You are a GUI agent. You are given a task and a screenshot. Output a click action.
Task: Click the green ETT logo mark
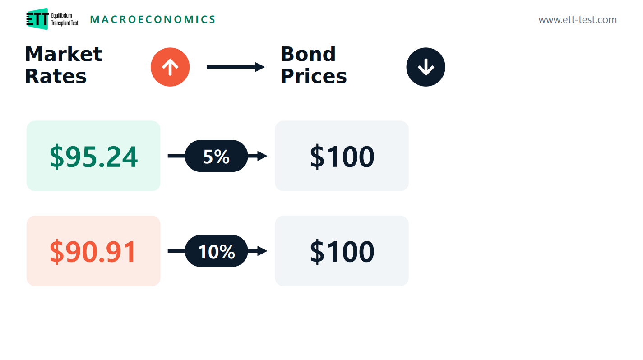pos(37,19)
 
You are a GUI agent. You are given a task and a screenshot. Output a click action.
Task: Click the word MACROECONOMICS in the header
pos(153,19)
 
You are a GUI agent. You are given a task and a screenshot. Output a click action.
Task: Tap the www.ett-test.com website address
pos(577,20)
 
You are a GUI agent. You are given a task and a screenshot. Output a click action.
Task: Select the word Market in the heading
pos(64,54)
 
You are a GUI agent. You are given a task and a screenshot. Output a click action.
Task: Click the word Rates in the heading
pos(56,76)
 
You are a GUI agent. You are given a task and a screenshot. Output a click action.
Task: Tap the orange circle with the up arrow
pos(170,67)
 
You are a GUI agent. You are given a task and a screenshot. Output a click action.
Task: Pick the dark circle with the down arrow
pos(426,67)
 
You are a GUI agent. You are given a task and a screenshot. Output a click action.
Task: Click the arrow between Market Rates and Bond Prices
pos(236,67)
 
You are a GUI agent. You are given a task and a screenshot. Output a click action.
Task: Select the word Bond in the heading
pos(308,54)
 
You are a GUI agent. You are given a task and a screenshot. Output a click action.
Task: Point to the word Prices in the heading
pos(314,76)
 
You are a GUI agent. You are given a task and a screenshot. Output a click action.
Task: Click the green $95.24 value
pos(93,157)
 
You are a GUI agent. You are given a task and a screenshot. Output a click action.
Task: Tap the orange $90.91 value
pos(93,252)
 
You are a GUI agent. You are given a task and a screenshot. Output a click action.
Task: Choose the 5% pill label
pos(216,157)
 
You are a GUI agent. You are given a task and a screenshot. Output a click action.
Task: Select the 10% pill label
pos(217,251)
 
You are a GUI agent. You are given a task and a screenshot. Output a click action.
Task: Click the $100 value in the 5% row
pos(342,157)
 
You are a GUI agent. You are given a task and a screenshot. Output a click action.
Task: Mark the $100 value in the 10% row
pos(342,252)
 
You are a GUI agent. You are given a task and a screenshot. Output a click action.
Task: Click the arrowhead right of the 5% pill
pos(262,156)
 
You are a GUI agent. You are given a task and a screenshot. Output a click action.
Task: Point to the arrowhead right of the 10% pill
pos(262,251)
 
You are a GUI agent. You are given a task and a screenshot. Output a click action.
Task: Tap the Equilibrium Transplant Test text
pos(65,19)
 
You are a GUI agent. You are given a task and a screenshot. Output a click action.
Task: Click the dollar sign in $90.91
pos(56,252)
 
